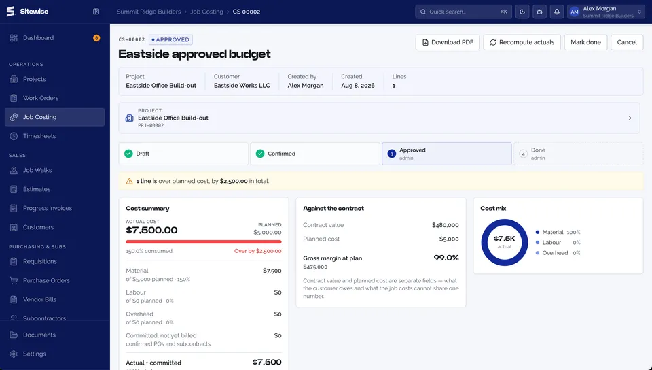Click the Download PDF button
coord(448,42)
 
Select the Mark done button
coord(585,42)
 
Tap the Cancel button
coord(627,42)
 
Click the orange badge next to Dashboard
coord(96,38)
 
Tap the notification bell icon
coord(556,12)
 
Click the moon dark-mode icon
coord(522,12)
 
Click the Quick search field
coord(464,12)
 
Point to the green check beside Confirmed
coord(260,154)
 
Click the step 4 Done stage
coord(579,154)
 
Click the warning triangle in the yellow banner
coord(129,181)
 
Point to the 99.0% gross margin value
coord(446,258)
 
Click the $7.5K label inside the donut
coord(505,239)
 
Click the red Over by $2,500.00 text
coord(258,251)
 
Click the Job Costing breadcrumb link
coord(206,12)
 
